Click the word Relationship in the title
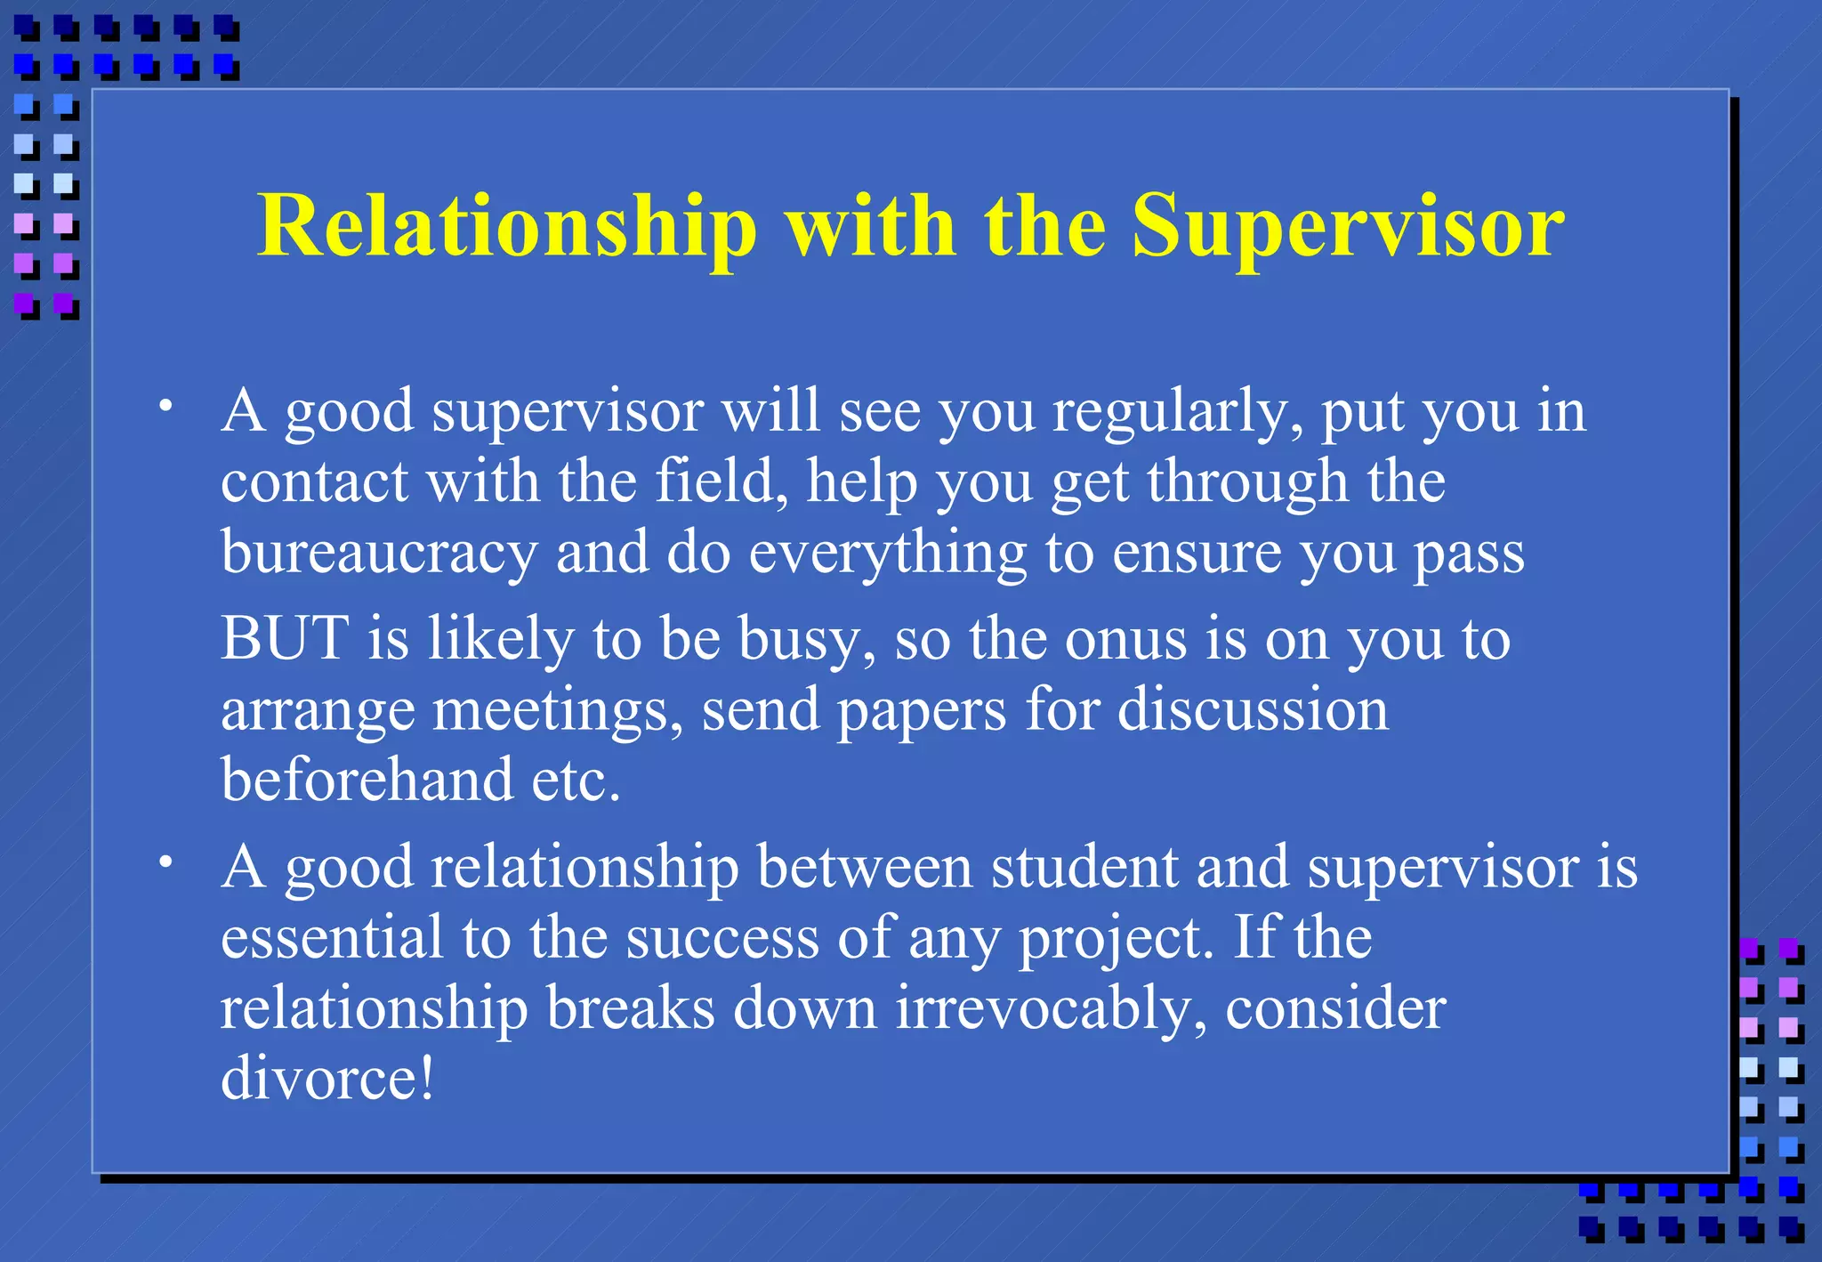coord(507,227)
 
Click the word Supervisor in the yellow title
coord(1347,227)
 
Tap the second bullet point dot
coord(165,862)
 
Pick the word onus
coord(1125,640)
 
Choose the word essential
coord(332,938)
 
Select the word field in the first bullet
coord(721,482)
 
